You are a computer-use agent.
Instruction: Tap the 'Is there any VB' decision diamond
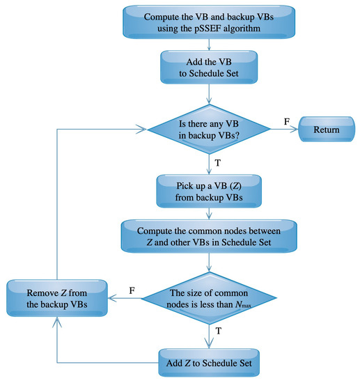click(209, 130)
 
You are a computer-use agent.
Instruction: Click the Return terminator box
click(326, 130)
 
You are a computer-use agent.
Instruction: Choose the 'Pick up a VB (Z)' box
click(209, 189)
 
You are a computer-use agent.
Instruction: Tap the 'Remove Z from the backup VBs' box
click(57, 297)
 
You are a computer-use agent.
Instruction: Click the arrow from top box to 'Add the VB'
click(209, 47)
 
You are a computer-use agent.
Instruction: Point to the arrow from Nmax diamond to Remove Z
click(124, 298)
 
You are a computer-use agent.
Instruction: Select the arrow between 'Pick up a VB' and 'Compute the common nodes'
click(209, 213)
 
